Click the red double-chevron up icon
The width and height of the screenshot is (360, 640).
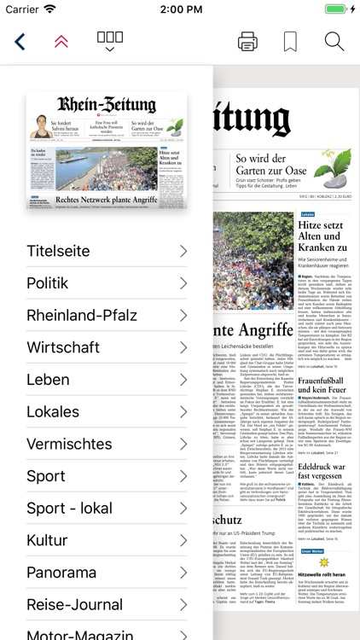coord(61,41)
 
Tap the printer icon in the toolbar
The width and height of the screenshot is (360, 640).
coord(247,41)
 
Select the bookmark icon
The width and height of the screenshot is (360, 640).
coord(290,41)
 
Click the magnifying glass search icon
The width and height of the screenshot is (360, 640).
coord(334,41)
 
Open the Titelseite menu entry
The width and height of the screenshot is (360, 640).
coord(58,251)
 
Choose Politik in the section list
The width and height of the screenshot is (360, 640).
coord(48,282)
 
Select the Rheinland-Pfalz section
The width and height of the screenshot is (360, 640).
coord(82,315)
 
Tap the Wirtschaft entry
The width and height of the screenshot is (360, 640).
coord(63,347)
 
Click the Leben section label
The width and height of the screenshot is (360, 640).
coord(48,379)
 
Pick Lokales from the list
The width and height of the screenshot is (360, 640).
coord(53,411)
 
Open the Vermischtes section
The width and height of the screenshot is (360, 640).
coord(69,444)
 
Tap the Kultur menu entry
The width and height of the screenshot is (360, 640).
coord(47,540)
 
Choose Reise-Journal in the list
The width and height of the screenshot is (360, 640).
coord(74,604)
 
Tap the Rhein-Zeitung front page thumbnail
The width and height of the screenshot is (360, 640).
coord(107,151)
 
